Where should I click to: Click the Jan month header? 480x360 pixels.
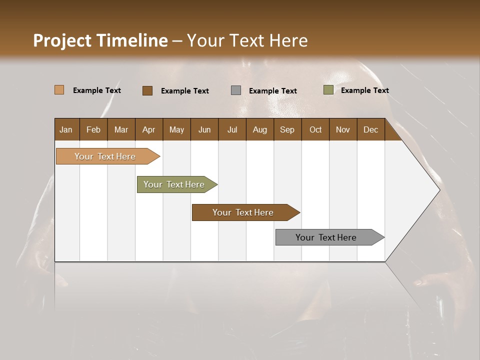coord(66,129)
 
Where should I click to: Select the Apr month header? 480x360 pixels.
coord(149,129)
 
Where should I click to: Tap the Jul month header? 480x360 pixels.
coord(232,129)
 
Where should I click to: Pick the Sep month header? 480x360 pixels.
coord(287,129)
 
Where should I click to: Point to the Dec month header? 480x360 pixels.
coord(370,129)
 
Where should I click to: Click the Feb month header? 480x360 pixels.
coord(93,129)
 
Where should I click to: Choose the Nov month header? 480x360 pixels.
coord(342,129)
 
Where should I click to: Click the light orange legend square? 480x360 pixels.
coord(59,90)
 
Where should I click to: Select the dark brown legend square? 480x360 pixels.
coord(147,90)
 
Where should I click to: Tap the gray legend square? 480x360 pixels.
coord(236,90)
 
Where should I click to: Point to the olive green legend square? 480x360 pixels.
coord(328,90)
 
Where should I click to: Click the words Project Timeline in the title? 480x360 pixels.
coord(100,40)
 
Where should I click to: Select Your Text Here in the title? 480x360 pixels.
coord(247,40)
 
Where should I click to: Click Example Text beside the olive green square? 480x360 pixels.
coord(364,90)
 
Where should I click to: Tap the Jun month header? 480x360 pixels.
coord(204,129)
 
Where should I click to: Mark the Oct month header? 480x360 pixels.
coord(315,129)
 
